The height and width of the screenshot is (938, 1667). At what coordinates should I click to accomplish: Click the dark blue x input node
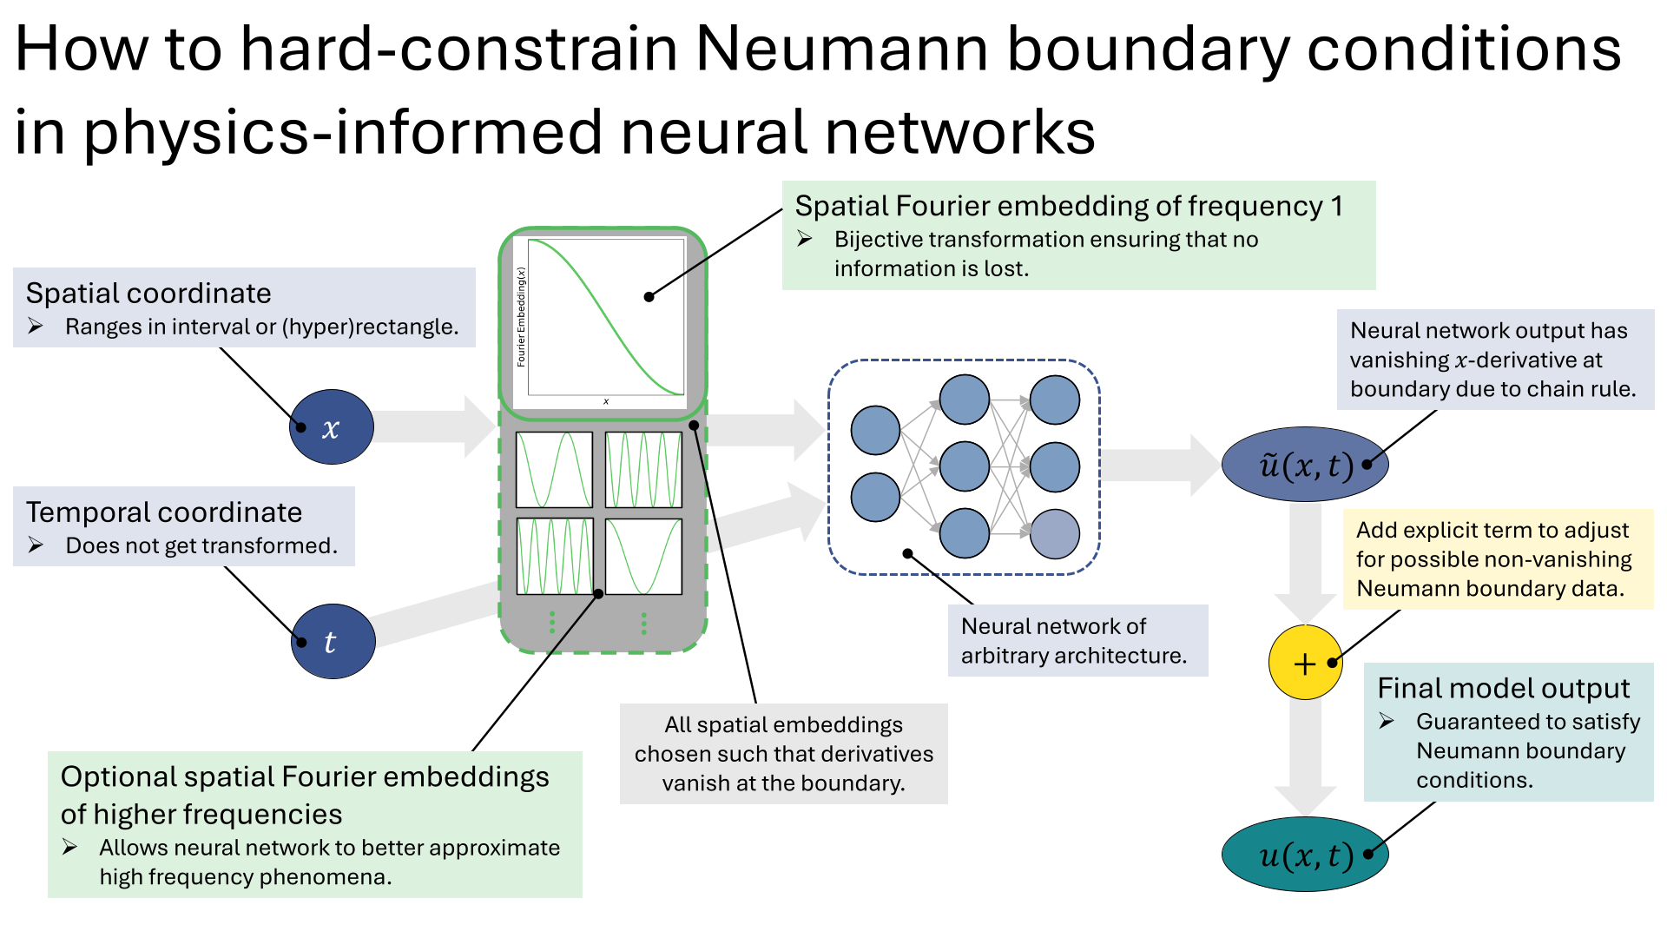[332, 426]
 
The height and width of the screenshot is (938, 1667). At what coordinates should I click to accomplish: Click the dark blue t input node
[333, 641]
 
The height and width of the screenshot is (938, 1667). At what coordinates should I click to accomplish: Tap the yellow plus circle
[1305, 663]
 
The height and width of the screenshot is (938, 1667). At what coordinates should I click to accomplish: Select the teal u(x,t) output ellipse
[1305, 855]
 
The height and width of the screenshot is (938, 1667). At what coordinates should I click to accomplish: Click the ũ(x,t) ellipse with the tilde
[1305, 465]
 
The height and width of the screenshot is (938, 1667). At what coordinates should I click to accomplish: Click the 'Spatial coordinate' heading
[148, 294]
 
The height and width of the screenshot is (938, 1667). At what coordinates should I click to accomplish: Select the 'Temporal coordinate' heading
[164, 512]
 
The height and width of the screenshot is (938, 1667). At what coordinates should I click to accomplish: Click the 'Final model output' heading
[1503, 688]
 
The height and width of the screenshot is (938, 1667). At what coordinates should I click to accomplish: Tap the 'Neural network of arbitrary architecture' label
[1077, 640]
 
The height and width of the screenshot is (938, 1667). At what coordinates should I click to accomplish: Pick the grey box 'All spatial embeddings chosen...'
[783, 753]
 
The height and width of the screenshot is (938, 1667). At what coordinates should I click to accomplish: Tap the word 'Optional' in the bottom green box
[112, 776]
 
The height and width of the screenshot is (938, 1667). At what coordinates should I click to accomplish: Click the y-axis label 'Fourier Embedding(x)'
[521, 317]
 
